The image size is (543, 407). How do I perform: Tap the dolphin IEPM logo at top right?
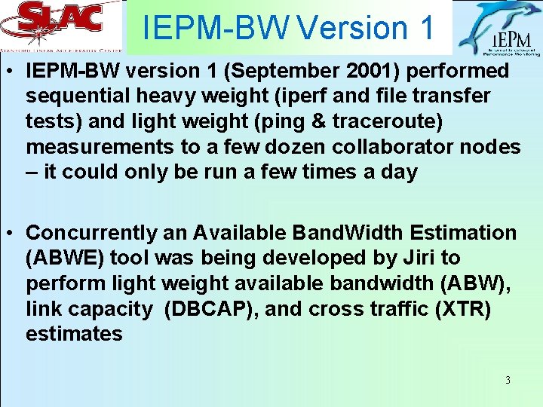(499, 29)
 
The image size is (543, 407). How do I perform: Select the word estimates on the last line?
(74, 333)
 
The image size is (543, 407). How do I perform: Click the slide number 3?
(508, 380)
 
